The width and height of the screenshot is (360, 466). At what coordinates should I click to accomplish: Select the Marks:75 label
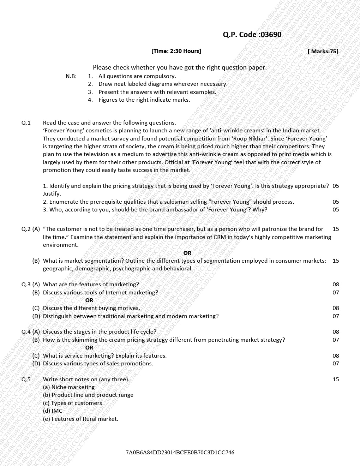pyautogui.click(x=323, y=52)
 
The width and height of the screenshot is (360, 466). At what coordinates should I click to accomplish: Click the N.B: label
pyautogui.click(x=71, y=76)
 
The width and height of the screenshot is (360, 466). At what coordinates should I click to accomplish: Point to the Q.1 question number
pyautogui.click(x=26, y=123)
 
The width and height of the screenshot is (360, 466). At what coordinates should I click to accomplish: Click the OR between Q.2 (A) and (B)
pyautogui.click(x=187, y=253)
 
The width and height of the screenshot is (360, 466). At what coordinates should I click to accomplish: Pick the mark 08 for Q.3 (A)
pyautogui.click(x=336, y=285)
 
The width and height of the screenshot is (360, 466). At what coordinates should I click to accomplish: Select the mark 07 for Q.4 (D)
pyautogui.click(x=336, y=364)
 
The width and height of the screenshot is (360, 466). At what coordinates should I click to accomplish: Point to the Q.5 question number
pyautogui.click(x=26, y=380)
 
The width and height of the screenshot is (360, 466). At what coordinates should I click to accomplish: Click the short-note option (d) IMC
pyautogui.click(x=53, y=411)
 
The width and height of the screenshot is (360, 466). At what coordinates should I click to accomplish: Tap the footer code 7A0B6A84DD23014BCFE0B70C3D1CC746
pyautogui.click(x=180, y=453)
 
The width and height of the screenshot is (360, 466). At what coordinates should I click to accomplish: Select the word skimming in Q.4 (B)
pyautogui.click(x=85, y=340)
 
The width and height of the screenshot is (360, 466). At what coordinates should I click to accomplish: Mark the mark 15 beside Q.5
pyautogui.click(x=336, y=380)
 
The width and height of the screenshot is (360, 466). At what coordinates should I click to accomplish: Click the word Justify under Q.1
pyautogui.click(x=52, y=194)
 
